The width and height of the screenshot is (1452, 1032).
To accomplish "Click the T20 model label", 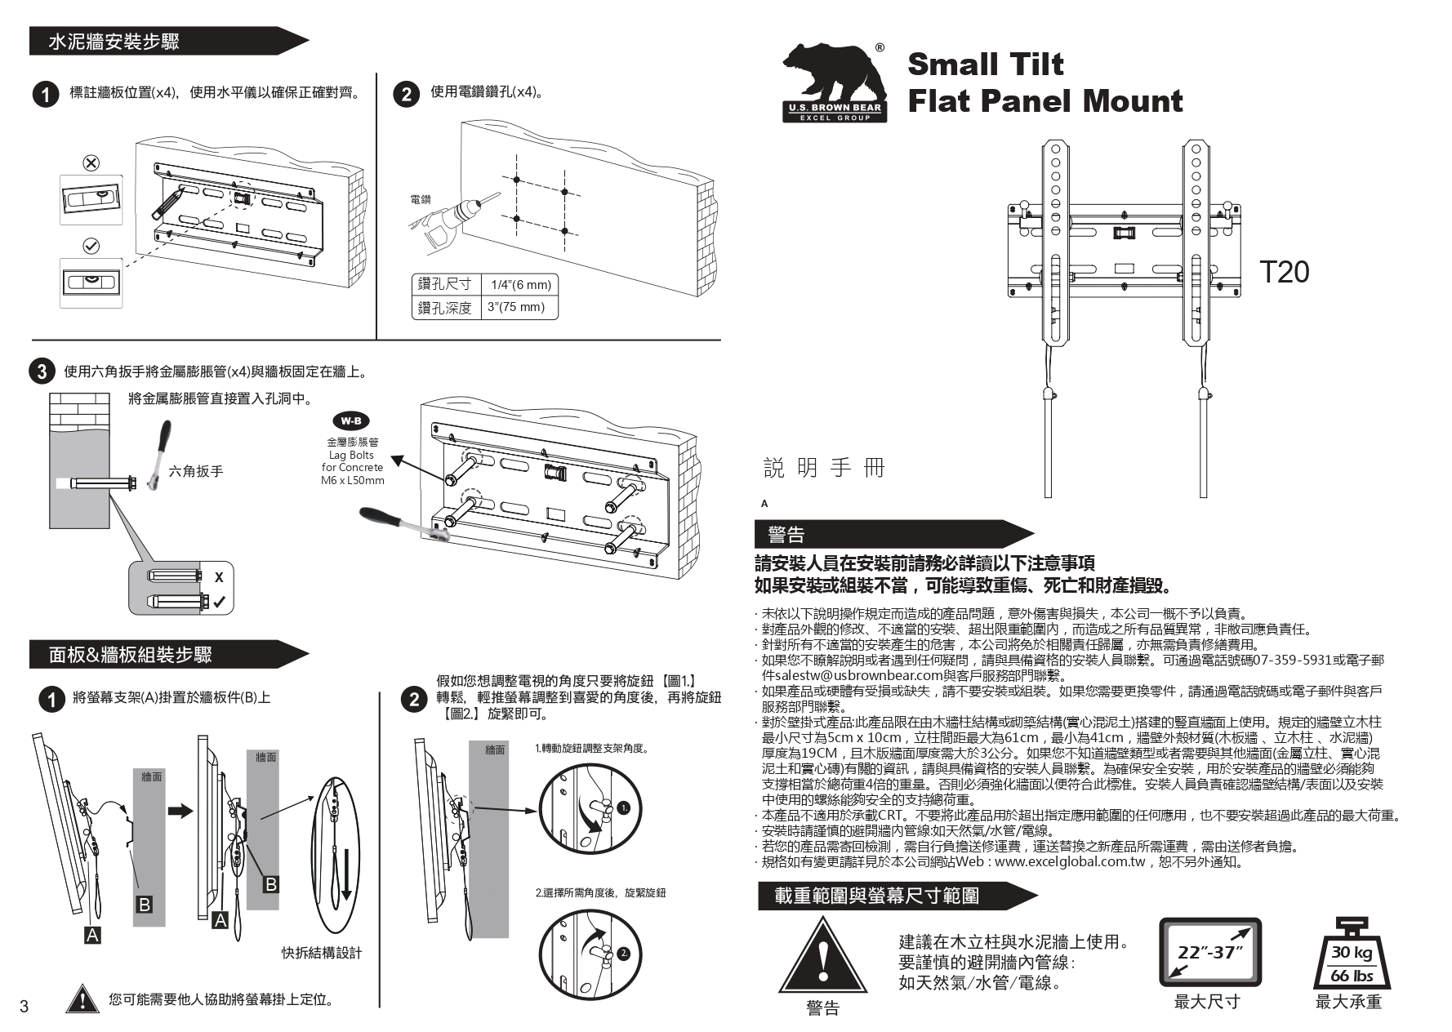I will click(x=1284, y=272).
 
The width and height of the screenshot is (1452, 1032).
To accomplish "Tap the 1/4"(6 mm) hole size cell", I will click(x=519, y=284).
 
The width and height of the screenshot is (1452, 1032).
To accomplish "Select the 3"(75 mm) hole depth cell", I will click(x=515, y=307).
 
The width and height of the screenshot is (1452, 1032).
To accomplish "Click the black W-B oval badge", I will click(x=351, y=421).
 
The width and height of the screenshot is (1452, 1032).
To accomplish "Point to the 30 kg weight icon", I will click(x=1352, y=954).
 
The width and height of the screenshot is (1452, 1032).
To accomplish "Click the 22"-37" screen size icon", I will click(x=1210, y=952).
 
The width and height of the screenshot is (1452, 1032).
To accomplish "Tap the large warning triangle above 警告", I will click(x=822, y=956).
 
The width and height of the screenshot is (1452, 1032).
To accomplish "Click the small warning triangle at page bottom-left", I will click(x=82, y=999).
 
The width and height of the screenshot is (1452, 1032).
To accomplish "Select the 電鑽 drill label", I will click(x=420, y=199).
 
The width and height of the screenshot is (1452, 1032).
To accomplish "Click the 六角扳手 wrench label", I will click(x=196, y=471).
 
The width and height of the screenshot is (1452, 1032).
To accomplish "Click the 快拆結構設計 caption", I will click(x=322, y=952).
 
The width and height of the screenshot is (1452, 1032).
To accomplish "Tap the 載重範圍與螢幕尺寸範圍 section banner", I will click(x=878, y=896).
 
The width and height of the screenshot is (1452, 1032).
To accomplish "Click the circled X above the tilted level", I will click(x=91, y=162).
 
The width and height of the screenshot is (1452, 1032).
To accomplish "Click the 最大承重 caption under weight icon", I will click(x=1348, y=1002).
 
